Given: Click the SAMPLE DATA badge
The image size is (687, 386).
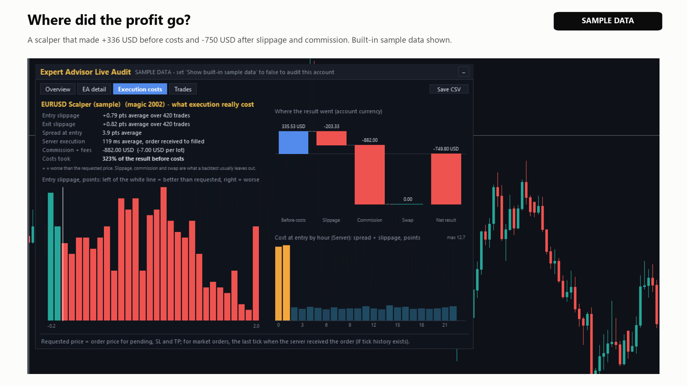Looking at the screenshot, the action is (x=608, y=21).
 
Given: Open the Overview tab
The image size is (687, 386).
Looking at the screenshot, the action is (x=58, y=89).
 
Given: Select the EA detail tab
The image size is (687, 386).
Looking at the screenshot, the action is (x=94, y=89).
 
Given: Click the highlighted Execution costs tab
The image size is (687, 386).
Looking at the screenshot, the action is (x=140, y=89).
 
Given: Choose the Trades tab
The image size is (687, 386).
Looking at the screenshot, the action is (x=183, y=89).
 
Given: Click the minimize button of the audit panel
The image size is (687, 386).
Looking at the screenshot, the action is (x=463, y=72).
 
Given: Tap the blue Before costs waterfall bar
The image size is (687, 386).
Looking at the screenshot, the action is (x=294, y=142).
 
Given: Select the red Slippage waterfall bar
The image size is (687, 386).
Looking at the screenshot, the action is (x=331, y=138).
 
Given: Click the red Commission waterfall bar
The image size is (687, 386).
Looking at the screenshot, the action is (x=370, y=175).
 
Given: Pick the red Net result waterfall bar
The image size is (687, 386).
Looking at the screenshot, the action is (x=446, y=179).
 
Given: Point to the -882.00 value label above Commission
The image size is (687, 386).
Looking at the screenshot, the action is (x=370, y=140).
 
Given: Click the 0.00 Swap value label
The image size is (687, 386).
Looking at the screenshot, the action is (x=407, y=199).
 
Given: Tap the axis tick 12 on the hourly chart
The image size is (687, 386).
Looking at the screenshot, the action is (x=373, y=325).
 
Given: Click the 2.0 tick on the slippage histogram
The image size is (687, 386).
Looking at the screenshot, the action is (x=256, y=326).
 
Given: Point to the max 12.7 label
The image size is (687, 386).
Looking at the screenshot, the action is (x=456, y=238).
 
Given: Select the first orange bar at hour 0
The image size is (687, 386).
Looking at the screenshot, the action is (x=279, y=283).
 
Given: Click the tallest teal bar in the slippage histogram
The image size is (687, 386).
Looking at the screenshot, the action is (x=51, y=256).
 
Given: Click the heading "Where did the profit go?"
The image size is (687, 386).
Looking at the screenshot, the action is (x=109, y=20).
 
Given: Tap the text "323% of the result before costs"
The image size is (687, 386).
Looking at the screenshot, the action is (x=143, y=159).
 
